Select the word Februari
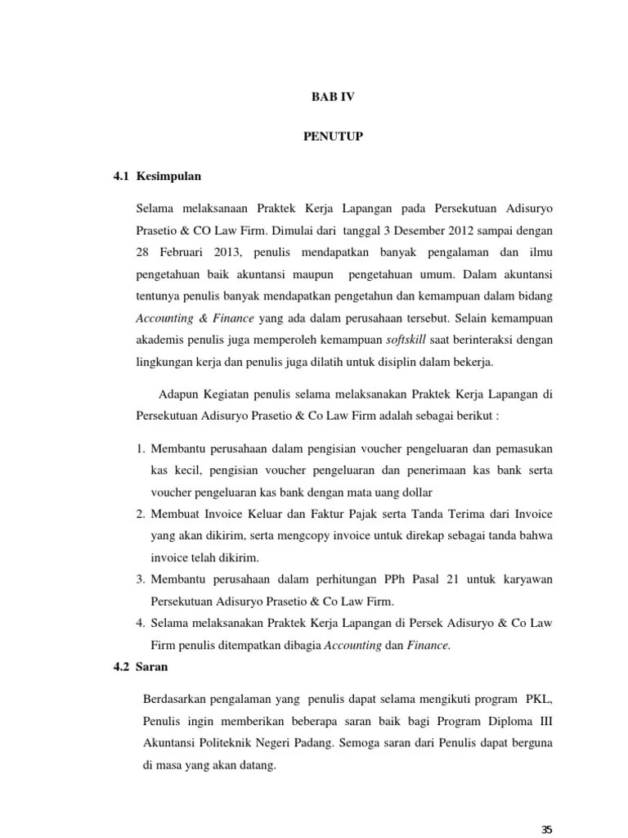point(180,252)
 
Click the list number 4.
point(140,624)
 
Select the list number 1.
point(140,448)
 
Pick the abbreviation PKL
point(541,700)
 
